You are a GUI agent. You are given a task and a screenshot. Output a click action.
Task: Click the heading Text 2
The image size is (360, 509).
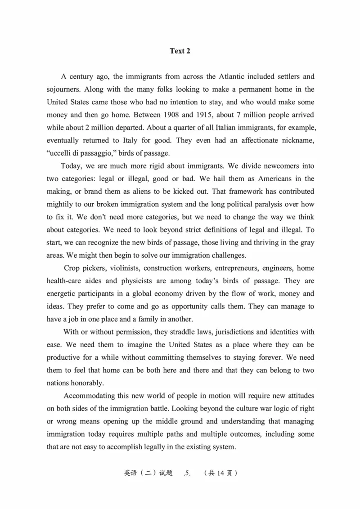click(x=180, y=51)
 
